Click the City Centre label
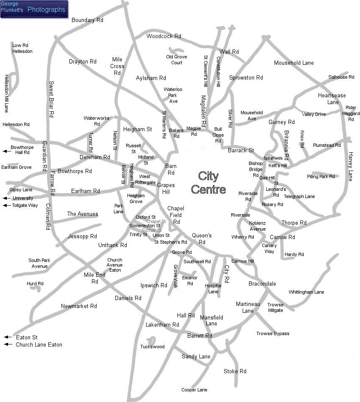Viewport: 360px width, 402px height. pos(208,182)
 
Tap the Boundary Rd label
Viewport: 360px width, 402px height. pos(88,20)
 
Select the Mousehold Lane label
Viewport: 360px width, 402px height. pos(294,63)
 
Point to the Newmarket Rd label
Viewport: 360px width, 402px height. pos(79,306)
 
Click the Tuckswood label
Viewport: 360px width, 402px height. pos(152,347)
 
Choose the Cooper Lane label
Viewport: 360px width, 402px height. pos(194,390)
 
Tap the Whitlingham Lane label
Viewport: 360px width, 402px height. pos(306,292)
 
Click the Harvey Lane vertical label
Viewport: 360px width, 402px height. pos(350,166)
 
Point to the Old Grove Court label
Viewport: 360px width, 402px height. pos(177,60)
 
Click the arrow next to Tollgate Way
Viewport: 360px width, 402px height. pos(6,206)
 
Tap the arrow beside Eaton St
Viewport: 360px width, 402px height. pos(7,337)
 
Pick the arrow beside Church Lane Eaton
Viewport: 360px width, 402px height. pos(7,344)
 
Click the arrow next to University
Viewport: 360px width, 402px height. pos(6,198)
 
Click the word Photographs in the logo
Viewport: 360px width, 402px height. pos(46,9)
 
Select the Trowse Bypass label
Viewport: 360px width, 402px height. pos(273,333)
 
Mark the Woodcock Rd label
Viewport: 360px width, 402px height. pos(164,36)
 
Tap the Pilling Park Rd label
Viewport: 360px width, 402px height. pos(321,176)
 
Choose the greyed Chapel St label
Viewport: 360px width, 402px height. pos(156,221)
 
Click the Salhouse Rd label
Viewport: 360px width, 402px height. pos(341,77)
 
